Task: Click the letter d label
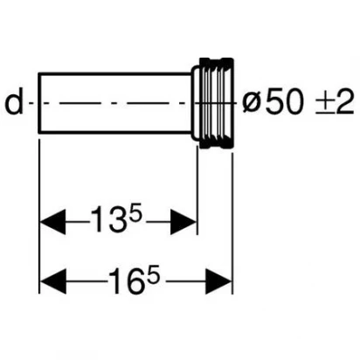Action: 14,103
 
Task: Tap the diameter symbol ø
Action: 251,104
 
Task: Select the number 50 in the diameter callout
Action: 283,102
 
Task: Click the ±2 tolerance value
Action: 335,102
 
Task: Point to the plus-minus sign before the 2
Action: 324,103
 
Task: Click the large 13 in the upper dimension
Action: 105,219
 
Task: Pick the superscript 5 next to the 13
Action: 135,211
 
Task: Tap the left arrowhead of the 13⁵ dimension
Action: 52,222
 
